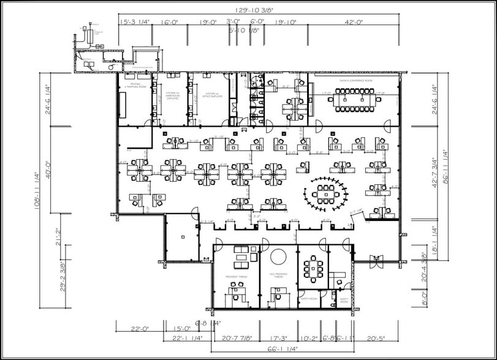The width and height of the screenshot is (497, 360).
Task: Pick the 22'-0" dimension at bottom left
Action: (139, 329)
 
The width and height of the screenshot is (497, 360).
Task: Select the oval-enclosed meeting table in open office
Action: (325, 195)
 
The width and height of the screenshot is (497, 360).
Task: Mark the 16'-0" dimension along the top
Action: (169, 21)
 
